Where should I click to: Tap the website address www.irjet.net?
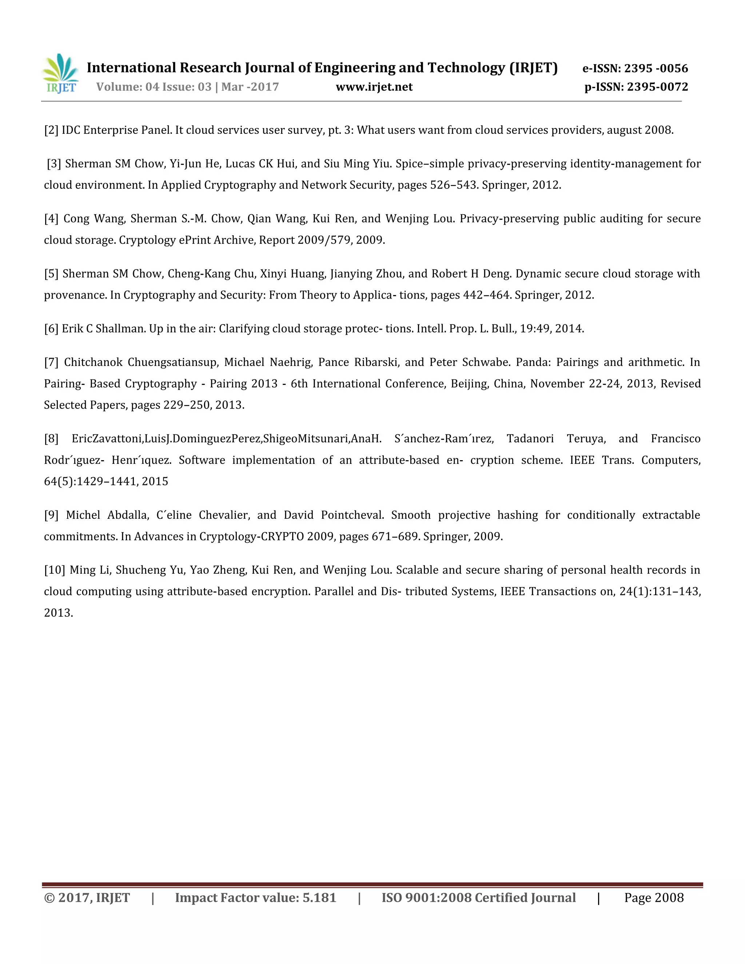tap(374, 87)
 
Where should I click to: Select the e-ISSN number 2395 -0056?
tap(656, 68)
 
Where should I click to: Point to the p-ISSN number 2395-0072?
tap(657, 87)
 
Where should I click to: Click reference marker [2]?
tap(51, 130)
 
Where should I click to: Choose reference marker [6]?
tap(51, 329)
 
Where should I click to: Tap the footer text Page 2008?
tap(654, 898)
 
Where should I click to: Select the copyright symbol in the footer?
tap(48, 898)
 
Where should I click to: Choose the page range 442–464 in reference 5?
tap(486, 295)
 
